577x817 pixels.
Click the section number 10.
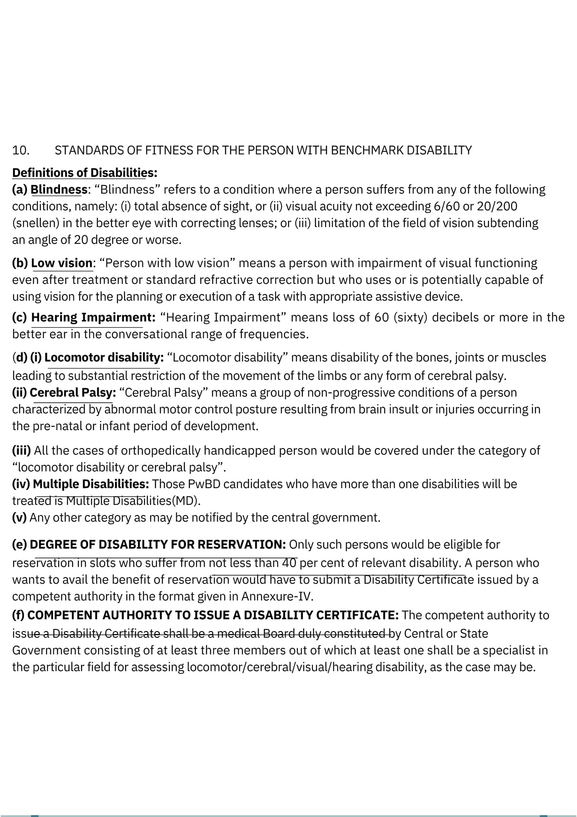point(21,150)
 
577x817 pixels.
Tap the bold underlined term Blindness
point(59,190)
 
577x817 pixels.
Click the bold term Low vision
point(62,263)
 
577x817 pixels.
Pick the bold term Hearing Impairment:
point(93,317)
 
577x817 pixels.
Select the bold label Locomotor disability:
point(104,357)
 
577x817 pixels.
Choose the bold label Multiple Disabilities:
point(91,484)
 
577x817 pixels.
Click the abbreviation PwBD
point(204,484)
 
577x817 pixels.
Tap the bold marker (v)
point(19,518)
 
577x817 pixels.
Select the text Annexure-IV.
point(277,596)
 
